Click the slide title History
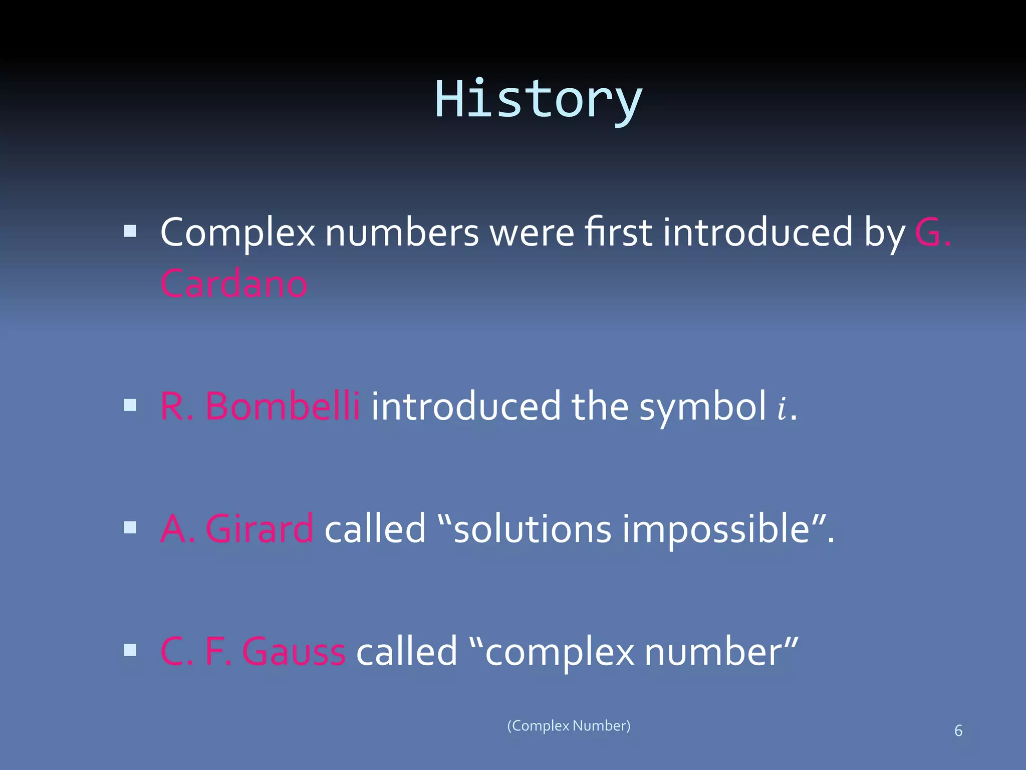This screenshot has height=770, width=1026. click(x=538, y=100)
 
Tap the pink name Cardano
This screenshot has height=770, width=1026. click(x=233, y=284)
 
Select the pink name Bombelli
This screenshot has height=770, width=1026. click(x=283, y=406)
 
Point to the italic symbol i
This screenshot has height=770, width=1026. click(x=782, y=408)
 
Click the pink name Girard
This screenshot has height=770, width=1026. click(x=260, y=529)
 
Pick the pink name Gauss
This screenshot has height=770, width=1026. click(x=294, y=652)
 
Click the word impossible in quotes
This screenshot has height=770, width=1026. click(x=716, y=530)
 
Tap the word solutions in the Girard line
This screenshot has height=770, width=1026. click(x=532, y=529)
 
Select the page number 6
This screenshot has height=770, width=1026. click(x=958, y=731)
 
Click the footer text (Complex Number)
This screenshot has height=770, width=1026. click(x=569, y=726)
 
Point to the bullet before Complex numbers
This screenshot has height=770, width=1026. click(x=130, y=231)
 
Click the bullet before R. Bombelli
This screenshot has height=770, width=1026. click(x=130, y=405)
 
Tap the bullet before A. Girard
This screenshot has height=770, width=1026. click(x=130, y=527)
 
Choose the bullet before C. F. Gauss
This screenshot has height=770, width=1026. click(x=130, y=650)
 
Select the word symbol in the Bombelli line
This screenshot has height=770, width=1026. click(x=702, y=407)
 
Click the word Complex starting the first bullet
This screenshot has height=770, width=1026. click(x=237, y=234)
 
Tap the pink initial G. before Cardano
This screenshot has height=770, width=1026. click(x=932, y=233)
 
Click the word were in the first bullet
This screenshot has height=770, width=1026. click(x=532, y=234)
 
